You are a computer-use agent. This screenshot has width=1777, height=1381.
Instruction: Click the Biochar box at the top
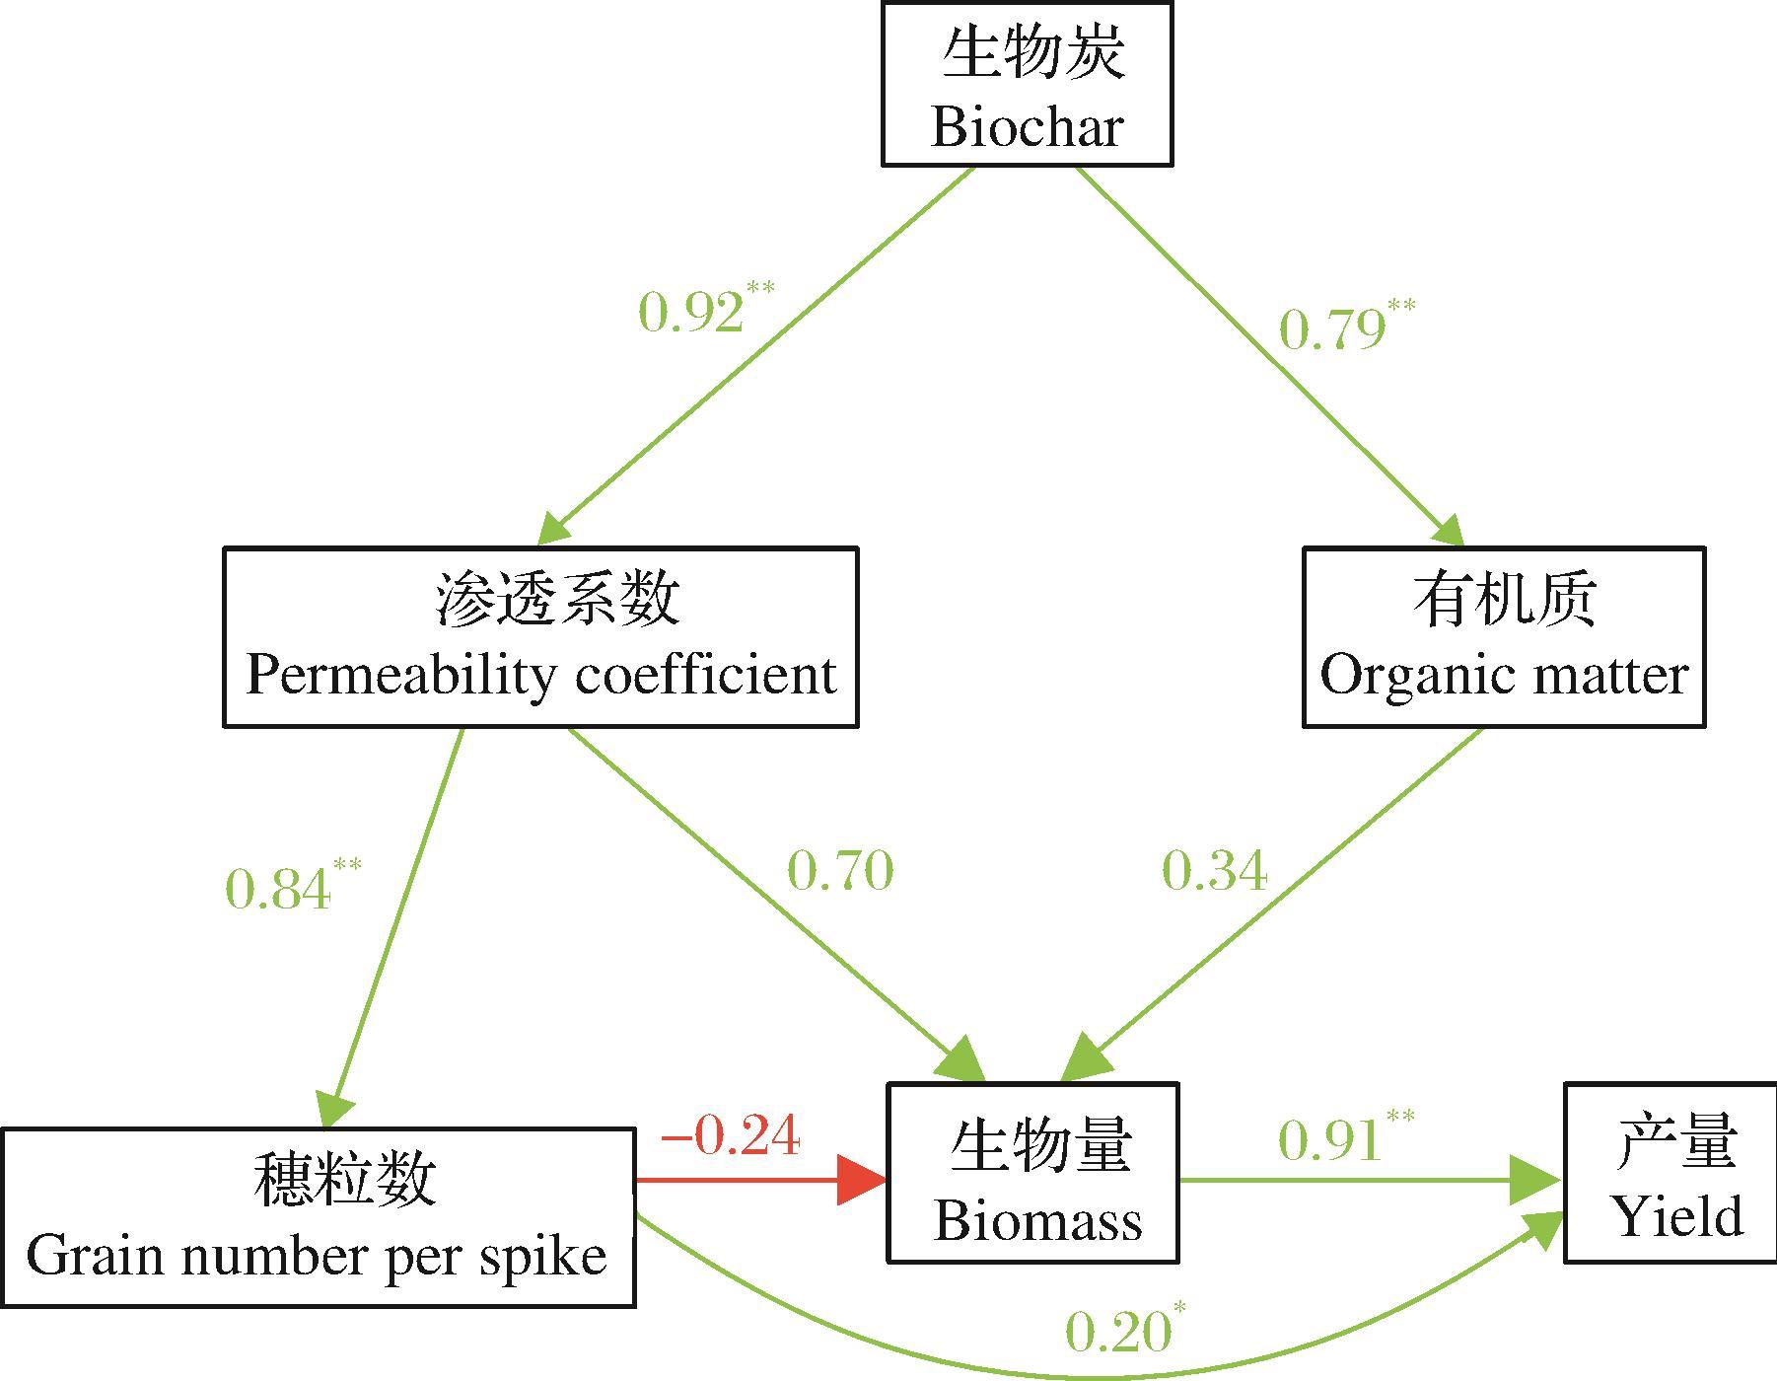tap(1027, 85)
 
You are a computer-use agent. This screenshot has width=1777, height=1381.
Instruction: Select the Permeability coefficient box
tap(540, 637)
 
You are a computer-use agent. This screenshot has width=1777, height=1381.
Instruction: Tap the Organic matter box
tap(1504, 637)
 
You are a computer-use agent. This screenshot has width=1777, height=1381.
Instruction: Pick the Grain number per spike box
tap(317, 1218)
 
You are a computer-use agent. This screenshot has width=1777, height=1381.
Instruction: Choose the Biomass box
tap(1033, 1173)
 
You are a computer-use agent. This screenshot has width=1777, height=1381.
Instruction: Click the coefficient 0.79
tap(1331, 329)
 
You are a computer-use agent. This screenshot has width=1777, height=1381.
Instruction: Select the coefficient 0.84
tap(278, 890)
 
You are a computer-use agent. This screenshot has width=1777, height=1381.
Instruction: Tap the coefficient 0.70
tap(840, 871)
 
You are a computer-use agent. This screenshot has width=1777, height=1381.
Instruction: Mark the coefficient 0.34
tap(1214, 871)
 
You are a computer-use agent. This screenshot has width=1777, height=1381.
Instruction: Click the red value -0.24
tap(731, 1136)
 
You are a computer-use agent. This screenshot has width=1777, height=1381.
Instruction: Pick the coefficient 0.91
tap(1329, 1140)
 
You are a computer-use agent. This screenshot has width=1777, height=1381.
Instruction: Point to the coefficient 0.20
tap(1117, 1334)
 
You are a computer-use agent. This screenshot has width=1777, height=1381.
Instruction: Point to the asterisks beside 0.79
tap(1401, 306)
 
